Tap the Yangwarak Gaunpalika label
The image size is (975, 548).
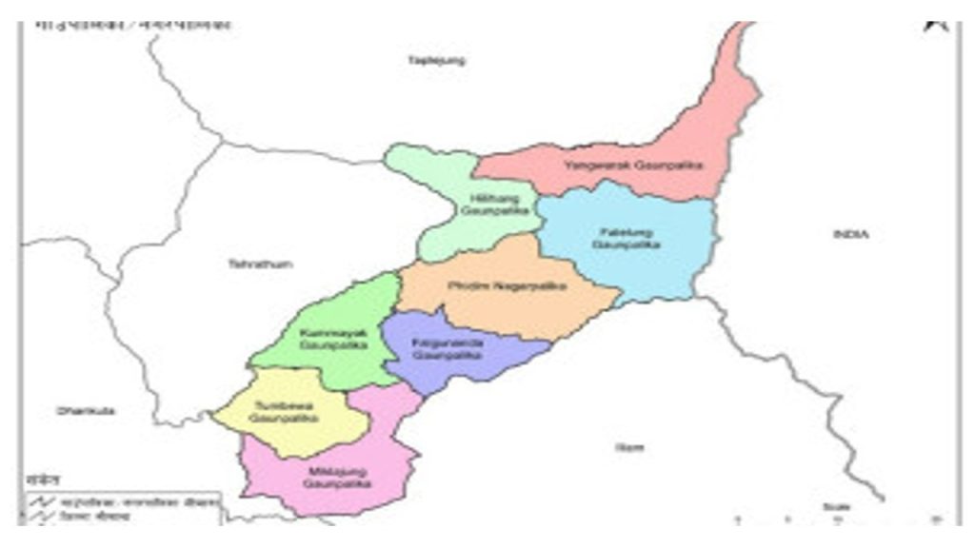tap(632, 166)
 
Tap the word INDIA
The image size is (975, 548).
tap(851, 234)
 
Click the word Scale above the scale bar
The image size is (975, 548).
tap(833, 506)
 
